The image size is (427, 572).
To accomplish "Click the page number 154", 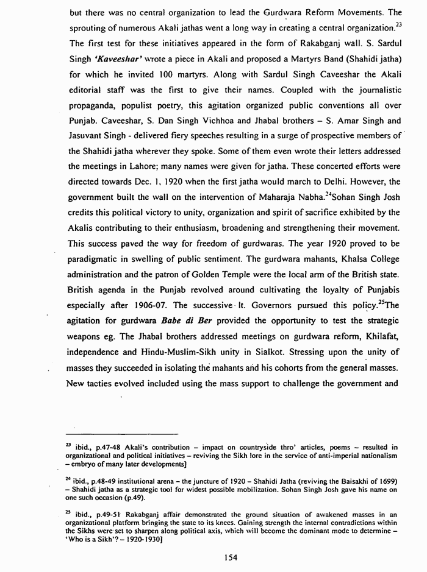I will point(230,557).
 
